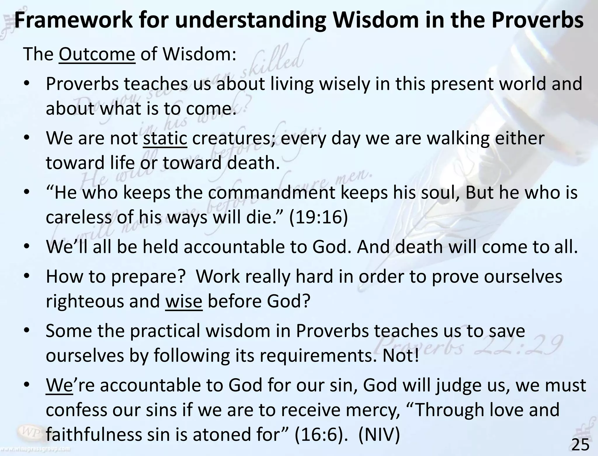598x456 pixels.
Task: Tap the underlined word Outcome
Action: (x=97, y=54)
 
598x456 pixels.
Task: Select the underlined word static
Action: (x=165, y=138)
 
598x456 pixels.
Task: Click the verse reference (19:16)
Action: (x=318, y=217)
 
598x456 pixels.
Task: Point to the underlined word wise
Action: (x=184, y=301)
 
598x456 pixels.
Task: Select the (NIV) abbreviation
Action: (x=379, y=434)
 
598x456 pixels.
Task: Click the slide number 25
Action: (x=580, y=445)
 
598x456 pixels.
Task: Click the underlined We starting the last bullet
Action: (x=59, y=385)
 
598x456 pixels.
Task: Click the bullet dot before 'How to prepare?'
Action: (x=27, y=276)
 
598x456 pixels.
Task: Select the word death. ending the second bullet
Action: (x=253, y=163)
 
